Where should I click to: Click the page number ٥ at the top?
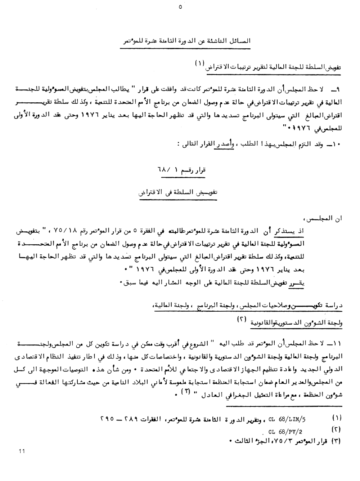click(180, 7)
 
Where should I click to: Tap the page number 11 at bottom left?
click(22, 451)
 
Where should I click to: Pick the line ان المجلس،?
click(324, 218)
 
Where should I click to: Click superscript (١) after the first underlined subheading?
click(199, 63)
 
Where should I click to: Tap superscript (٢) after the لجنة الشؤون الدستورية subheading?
click(241, 320)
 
